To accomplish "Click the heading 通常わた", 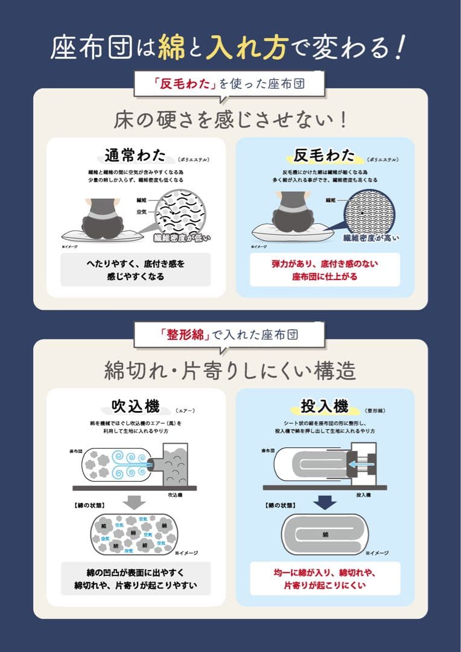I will coord(136,155).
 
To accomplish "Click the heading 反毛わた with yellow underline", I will coord(324,155).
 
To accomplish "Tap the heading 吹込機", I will coord(136,406).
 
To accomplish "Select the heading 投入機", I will coord(324,406).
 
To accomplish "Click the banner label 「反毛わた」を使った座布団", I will coord(230,84).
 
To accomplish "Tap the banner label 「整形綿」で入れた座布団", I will coord(230,334).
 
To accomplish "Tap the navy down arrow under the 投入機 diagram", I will coord(324,502).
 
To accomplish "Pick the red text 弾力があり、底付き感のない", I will coord(325,264).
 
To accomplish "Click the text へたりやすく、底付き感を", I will coord(136,264).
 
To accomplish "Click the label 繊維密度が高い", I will coord(370,238).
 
